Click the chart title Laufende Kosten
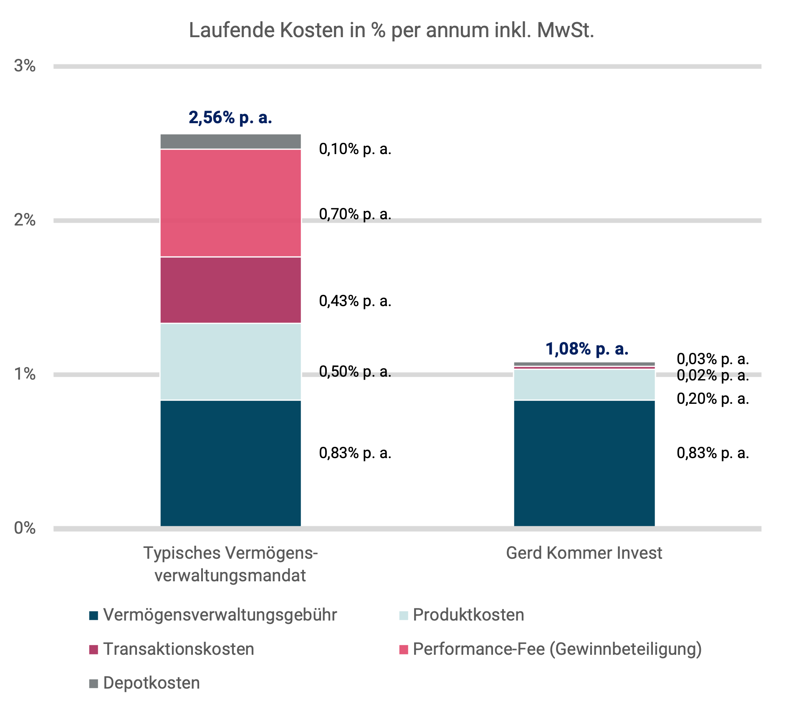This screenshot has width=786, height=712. coord(391,30)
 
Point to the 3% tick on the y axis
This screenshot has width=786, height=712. coord(25,66)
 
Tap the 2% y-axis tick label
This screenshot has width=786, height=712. coord(25,220)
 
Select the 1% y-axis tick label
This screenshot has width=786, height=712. coord(25,374)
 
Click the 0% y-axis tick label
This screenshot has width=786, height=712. coord(25,528)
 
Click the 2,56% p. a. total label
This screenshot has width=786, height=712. coord(230,118)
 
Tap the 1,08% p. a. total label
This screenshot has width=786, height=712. coord(587,349)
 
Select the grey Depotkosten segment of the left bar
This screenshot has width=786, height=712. coord(230,142)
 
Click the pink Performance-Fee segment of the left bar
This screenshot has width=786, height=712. coord(230,203)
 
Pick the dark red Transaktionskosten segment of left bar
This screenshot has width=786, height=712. coord(230,290)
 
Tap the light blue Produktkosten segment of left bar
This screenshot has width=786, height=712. coord(230,362)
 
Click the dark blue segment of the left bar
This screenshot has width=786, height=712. coord(230,463)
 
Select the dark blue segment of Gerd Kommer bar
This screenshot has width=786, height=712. coord(584,463)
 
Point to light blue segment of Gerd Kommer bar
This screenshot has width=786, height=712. coord(584,385)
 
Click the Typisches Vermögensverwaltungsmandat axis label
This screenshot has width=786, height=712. coord(230,564)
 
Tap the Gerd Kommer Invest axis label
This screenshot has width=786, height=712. coord(584,553)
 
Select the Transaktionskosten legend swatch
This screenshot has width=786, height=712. coord(94,649)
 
